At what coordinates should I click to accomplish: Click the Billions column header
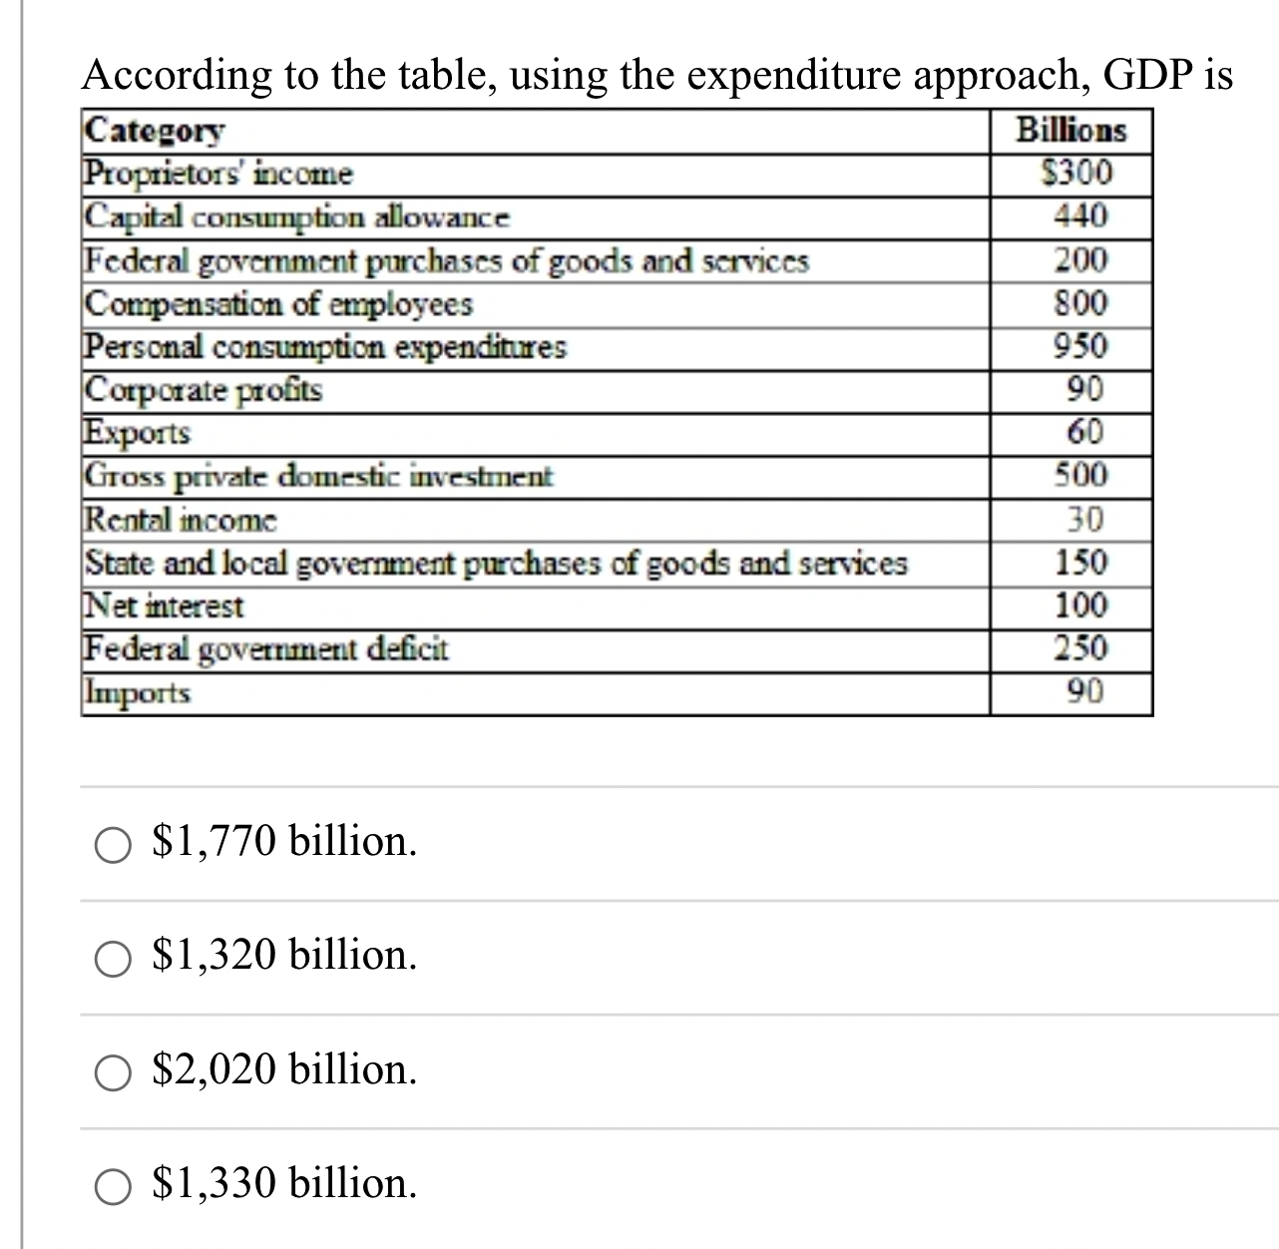point(1070,131)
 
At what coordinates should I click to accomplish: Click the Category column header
point(155,131)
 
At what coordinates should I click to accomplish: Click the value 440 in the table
point(1080,216)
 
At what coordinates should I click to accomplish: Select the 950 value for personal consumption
point(1080,346)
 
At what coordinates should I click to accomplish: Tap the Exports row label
point(137,433)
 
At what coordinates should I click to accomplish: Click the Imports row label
point(137,692)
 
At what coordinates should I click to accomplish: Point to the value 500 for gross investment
point(1080,476)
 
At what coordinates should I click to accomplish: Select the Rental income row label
point(181,520)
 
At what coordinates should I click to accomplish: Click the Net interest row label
point(164,606)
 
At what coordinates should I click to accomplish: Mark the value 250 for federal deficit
point(1080,648)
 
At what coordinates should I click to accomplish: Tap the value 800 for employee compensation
point(1080,302)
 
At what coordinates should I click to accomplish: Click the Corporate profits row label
point(204,389)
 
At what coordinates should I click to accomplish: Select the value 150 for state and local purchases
point(1080,563)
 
